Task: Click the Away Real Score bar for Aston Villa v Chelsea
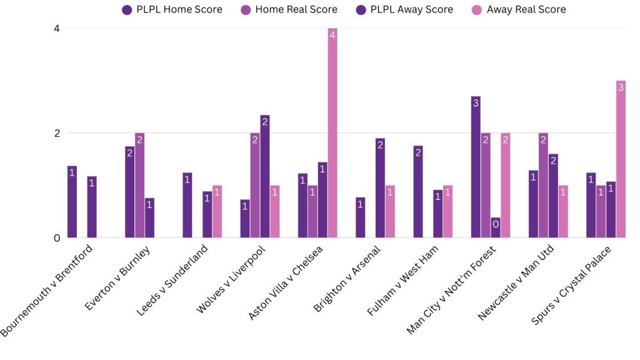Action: click(332, 133)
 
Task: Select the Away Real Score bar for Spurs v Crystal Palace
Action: click(621, 159)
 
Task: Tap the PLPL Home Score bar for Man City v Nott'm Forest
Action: click(476, 167)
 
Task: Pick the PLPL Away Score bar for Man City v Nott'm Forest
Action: click(496, 227)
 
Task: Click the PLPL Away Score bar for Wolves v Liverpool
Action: click(265, 177)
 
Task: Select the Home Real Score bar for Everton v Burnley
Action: click(139, 186)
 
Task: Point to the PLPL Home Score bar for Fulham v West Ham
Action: click(418, 192)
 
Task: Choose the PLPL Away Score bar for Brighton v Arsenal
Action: click(380, 188)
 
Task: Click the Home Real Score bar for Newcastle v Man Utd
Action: click(543, 186)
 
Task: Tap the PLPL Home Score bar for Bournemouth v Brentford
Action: click(72, 202)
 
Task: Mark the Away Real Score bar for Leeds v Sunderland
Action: click(217, 212)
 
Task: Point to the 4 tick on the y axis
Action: click(56, 28)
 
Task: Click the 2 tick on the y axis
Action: click(56, 133)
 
